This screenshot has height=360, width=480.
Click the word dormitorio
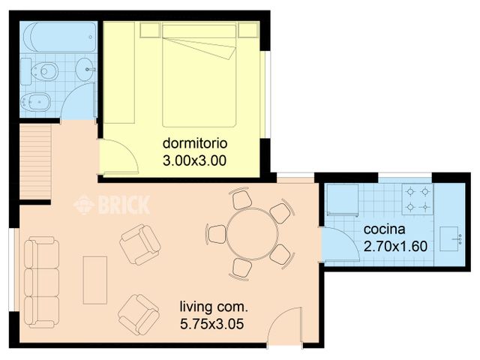click(194, 142)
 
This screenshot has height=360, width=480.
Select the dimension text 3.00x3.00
click(194, 159)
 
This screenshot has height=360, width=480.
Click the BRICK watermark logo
click(112, 203)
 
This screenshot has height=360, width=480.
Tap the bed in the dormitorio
click(199, 75)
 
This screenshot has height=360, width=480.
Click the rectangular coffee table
click(95, 280)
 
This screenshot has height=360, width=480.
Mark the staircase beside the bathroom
click(34, 160)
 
